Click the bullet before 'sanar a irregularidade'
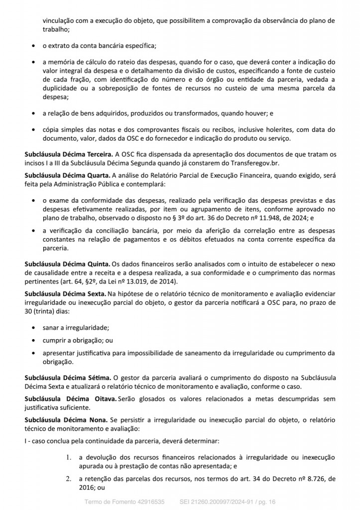click(33, 329)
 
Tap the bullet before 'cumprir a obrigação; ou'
click(33, 341)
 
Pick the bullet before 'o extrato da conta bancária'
click(33, 46)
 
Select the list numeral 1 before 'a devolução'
click(69, 457)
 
